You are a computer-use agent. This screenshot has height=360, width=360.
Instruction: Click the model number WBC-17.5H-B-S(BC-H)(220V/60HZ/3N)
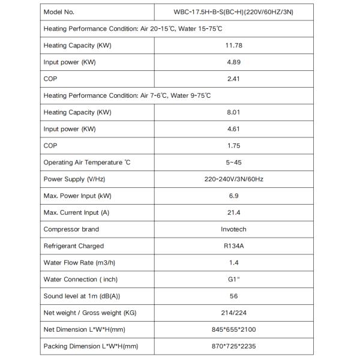pyautogui.click(x=234, y=12)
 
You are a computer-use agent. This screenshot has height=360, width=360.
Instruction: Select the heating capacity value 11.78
pyautogui.click(x=234, y=46)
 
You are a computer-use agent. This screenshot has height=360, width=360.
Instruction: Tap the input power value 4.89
pyautogui.click(x=234, y=62)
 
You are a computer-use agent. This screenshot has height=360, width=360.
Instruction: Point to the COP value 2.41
pyautogui.click(x=234, y=79)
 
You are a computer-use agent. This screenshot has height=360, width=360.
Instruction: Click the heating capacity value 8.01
pyautogui.click(x=234, y=112)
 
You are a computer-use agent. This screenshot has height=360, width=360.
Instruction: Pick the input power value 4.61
pyautogui.click(x=234, y=129)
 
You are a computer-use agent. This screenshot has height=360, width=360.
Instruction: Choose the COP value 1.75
pyautogui.click(x=234, y=146)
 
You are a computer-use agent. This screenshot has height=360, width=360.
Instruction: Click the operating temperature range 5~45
pyautogui.click(x=234, y=163)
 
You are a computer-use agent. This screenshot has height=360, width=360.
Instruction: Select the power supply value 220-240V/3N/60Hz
pyautogui.click(x=234, y=179)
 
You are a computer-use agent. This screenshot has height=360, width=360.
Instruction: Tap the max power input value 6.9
pyautogui.click(x=234, y=196)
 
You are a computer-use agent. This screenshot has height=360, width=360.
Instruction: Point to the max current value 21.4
pyautogui.click(x=234, y=213)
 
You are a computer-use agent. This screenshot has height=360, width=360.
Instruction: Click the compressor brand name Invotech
pyautogui.click(x=234, y=229)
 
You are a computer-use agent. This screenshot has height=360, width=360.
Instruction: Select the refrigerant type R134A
pyautogui.click(x=234, y=246)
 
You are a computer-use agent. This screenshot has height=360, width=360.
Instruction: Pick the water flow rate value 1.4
pyautogui.click(x=234, y=263)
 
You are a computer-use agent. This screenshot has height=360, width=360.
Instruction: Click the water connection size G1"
pyautogui.click(x=234, y=280)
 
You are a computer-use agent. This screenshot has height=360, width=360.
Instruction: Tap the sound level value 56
pyautogui.click(x=234, y=296)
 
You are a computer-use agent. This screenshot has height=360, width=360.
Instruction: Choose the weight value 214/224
pyautogui.click(x=234, y=313)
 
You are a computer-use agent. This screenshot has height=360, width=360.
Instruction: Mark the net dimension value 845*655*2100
pyautogui.click(x=234, y=330)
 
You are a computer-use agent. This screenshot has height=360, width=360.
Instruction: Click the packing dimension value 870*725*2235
pyautogui.click(x=234, y=347)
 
